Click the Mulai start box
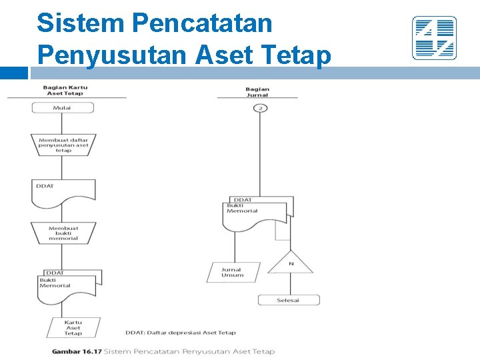pyautogui.click(x=62, y=107)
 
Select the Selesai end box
pyautogui.click(x=289, y=300)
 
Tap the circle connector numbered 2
pyautogui.click(x=261, y=107)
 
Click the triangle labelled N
pyautogui.click(x=291, y=262)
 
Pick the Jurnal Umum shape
pyautogui.click(x=232, y=272)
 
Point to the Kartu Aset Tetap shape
pyautogui.click(x=73, y=327)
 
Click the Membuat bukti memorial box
pyautogui.click(x=63, y=233)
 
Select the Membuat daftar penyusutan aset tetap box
pyautogui.click(x=63, y=145)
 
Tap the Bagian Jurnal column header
pyautogui.click(x=257, y=92)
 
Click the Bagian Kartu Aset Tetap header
pyautogui.click(x=65, y=90)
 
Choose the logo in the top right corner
pyautogui.click(x=434, y=38)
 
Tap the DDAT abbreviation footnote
pyautogui.click(x=180, y=333)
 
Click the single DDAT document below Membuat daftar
pyautogui.click(x=63, y=190)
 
